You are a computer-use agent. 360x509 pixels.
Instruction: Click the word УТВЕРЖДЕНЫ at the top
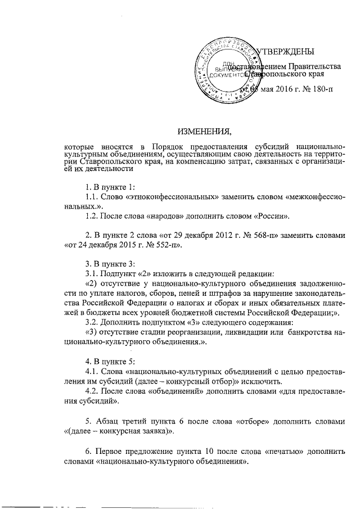285,52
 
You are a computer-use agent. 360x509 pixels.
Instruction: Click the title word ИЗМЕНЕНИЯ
204,132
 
